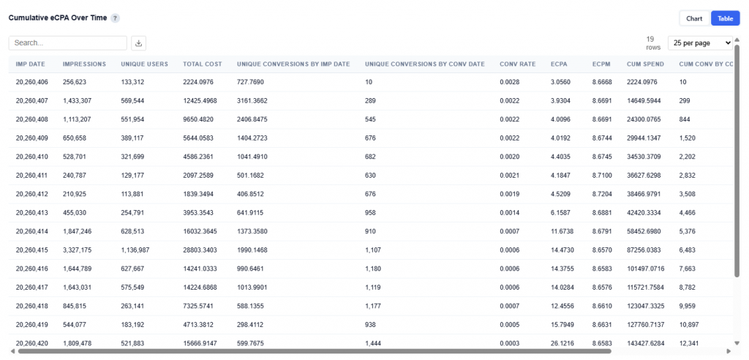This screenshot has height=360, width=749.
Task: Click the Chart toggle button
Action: pyautogui.click(x=694, y=18)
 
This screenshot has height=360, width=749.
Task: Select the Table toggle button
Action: pyautogui.click(x=725, y=18)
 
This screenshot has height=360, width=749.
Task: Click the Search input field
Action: pyautogui.click(x=68, y=43)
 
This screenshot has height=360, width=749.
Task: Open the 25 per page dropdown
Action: pyautogui.click(x=700, y=43)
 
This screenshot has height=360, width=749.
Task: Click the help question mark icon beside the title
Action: pyautogui.click(x=116, y=18)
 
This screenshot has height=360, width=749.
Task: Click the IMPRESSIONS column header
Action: pyautogui.click(x=84, y=64)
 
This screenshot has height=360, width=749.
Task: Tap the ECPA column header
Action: pyautogui.click(x=559, y=64)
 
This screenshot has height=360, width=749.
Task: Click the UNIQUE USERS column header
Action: pyautogui.click(x=144, y=64)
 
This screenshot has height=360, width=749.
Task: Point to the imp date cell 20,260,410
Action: pyautogui.click(x=31, y=157)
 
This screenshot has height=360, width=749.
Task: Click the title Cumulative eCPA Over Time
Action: pyautogui.click(x=58, y=18)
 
